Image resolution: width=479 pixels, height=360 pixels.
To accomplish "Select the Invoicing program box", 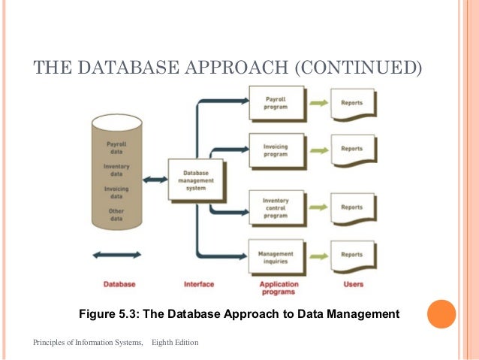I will (x=276, y=150).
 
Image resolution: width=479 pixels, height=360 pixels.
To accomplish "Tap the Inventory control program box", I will (x=276, y=207).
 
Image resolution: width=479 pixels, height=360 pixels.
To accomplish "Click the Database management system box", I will (x=196, y=179).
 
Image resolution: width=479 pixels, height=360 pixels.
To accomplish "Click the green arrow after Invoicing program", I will (x=318, y=149).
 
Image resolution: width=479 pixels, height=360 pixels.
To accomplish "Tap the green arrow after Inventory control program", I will (x=318, y=207).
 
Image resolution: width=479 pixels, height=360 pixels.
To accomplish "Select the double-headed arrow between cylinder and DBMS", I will (x=155, y=179).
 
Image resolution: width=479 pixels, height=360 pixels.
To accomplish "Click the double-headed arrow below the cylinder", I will (x=116, y=256).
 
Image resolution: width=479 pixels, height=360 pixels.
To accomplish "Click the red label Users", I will (x=352, y=284).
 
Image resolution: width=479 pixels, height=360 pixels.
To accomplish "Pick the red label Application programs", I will (x=279, y=288).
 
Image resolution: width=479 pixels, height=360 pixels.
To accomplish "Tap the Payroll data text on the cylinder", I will (x=116, y=147).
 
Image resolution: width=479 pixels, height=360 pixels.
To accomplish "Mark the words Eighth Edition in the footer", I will (x=175, y=343).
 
